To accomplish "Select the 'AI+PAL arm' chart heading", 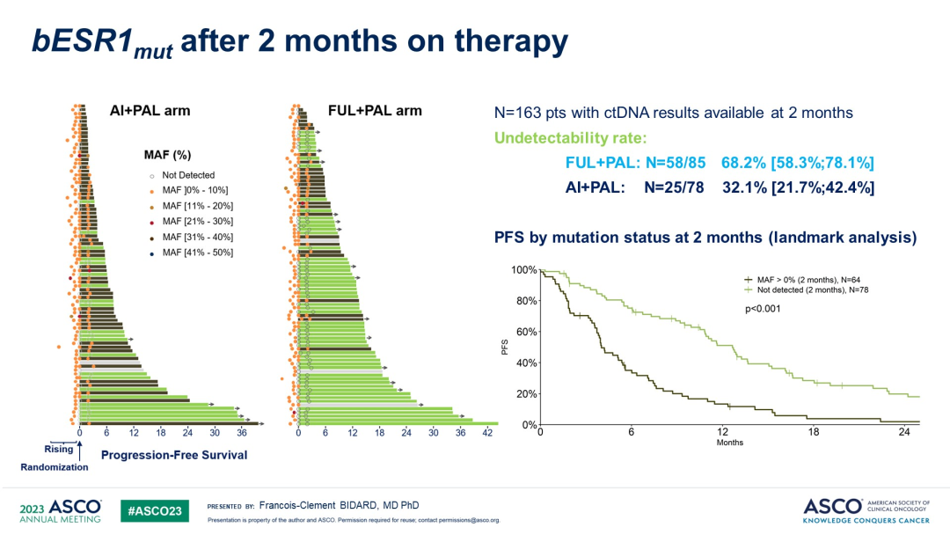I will coord(150,111).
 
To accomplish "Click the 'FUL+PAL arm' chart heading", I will coord(374,111).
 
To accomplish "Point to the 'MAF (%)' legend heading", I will coord(167,155).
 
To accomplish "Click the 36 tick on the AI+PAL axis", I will coord(241,433).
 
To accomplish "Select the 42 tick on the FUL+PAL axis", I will coord(486,433).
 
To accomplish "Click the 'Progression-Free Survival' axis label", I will coord(174,455).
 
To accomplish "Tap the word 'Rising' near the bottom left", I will coord(59,449).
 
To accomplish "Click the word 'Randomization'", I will coord(55,467).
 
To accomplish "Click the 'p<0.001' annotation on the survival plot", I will coord(759,309).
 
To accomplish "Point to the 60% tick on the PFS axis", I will coord(523,332).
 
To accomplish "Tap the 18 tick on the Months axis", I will coord(813,432).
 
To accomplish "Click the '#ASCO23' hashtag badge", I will coord(154,510).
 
